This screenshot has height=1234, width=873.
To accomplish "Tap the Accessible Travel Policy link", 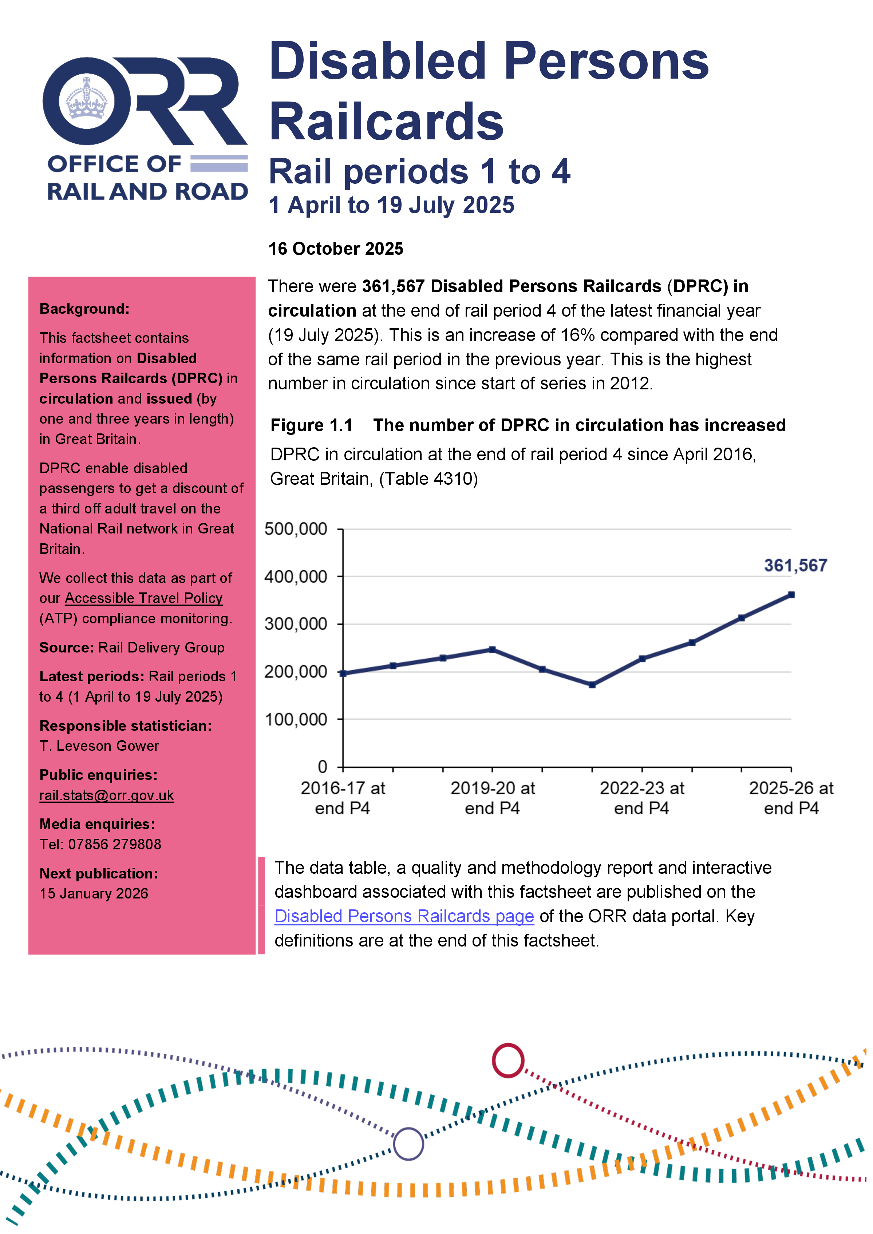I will click(143, 598).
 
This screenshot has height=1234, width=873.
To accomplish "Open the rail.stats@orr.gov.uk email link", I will click(106, 795).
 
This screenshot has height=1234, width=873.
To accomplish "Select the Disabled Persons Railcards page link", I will click(404, 916).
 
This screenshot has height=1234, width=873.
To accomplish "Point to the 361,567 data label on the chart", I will click(795, 566).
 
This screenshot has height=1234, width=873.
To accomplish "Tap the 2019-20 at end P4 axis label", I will click(493, 798).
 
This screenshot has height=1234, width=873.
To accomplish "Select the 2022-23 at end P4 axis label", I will click(642, 798).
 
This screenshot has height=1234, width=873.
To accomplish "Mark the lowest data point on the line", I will click(592, 685).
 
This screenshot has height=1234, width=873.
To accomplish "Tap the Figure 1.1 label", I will click(311, 425).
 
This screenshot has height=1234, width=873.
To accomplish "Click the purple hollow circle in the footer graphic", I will click(408, 1144).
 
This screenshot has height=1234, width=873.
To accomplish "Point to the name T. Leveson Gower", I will click(99, 746).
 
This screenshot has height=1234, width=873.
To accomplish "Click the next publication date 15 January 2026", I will click(94, 894).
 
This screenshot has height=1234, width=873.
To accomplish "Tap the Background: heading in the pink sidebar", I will click(84, 309).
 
